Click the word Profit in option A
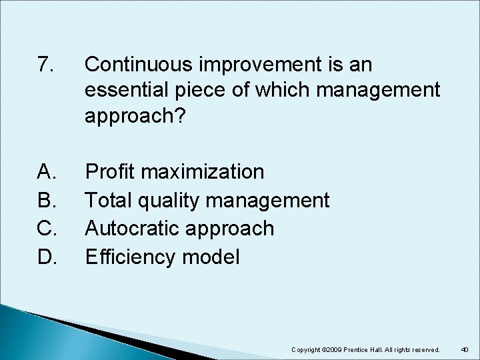point(111,172)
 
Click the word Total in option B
point(110,200)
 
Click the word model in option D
point(213,257)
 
